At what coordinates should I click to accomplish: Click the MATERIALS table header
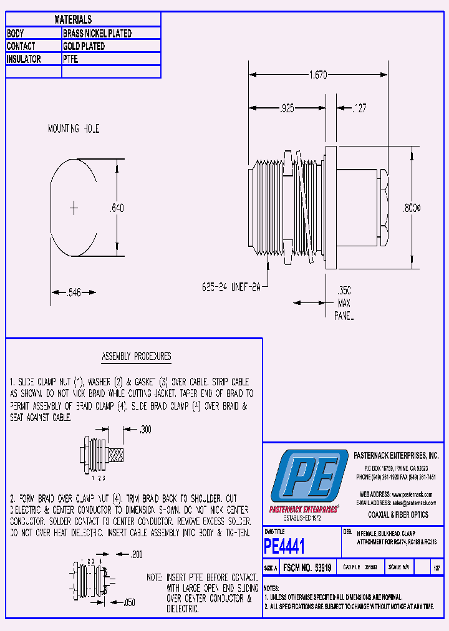pyautogui.click(x=72, y=20)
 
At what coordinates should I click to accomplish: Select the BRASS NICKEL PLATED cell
pyautogui.click(x=97, y=33)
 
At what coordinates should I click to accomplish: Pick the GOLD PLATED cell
pyautogui.click(x=84, y=46)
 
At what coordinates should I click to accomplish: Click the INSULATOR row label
pyautogui.click(x=24, y=59)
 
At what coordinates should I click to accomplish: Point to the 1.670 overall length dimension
pyautogui.click(x=318, y=75)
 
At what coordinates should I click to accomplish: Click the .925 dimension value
pyautogui.click(x=286, y=108)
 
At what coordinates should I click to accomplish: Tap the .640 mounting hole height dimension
pyautogui.click(x=116, y=208)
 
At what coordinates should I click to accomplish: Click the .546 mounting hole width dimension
pyautogui.click(x=74, y=291)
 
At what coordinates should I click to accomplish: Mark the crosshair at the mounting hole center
pyautogui.click(x=74, y=208)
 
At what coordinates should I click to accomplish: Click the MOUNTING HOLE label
pyautogui.click(x=74, y=129)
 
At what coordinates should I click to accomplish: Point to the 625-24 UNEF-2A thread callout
pyautogui.click(x=230, y=287)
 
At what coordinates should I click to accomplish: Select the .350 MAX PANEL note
pyautogui.click(x=344, y=303)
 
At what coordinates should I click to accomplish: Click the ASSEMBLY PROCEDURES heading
pyautogui.click(x=136, y=357)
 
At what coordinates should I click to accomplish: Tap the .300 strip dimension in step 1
pyautogui.click(x=145, y=430)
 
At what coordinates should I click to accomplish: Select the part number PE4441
pyautogui.click(x=284, y=547)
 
